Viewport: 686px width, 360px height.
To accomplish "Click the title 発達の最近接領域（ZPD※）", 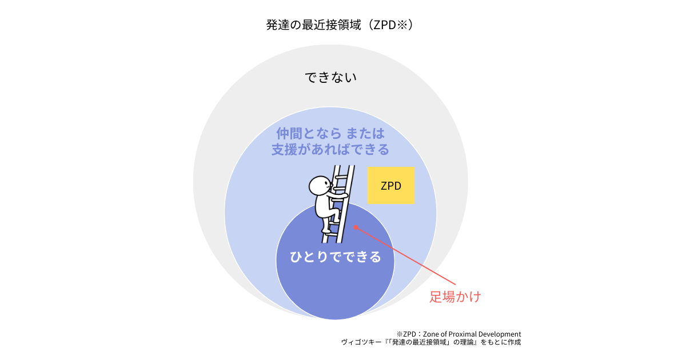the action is pos(340,25).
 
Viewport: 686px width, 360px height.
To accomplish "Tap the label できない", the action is pos(330,77).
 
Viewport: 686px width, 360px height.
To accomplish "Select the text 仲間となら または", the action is pos(330,134).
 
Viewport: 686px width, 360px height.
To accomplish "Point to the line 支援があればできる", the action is pos(330,150).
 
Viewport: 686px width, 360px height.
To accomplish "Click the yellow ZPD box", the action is pos(391,186).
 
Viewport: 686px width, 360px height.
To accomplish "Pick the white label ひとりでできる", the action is pos(335,257).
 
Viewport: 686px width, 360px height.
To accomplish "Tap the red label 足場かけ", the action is pos(455,297).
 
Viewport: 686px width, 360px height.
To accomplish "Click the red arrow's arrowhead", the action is pos(355,227).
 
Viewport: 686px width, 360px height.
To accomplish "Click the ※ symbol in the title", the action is pos(401,25).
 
